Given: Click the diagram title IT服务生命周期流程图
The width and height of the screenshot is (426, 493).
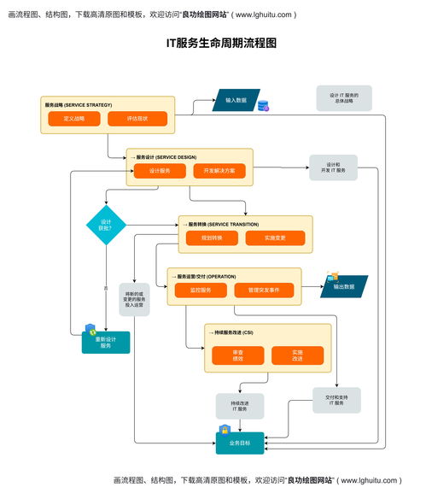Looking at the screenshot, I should point(221,43).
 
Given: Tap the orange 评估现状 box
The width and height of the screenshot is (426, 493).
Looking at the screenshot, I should point(137,119).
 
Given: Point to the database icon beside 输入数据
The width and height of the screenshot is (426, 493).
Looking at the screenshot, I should point(263,107).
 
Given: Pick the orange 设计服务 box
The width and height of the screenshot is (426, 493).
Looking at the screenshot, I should point(160,171).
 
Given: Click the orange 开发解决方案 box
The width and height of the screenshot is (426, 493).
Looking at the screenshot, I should point(219,171).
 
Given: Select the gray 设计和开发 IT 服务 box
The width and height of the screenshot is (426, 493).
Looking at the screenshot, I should point(333,167).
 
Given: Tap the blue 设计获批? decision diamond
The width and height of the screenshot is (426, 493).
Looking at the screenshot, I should point(106,224).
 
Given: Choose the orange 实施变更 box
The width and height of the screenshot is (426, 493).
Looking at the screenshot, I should point(275,238).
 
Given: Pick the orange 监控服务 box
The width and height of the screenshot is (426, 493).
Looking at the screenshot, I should point(200,291).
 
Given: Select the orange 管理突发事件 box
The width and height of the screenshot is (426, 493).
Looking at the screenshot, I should point(264,291).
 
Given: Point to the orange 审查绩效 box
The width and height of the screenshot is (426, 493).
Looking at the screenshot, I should point(237,355).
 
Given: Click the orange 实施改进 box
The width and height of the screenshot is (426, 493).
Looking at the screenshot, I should point(297,355).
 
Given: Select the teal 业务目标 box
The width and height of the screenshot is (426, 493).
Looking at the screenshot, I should point(240,443).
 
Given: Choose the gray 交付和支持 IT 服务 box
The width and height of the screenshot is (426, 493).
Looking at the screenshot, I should point(336,400).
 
